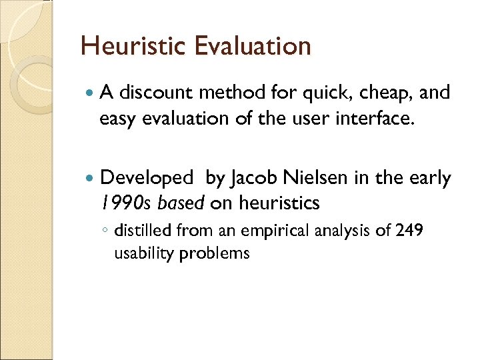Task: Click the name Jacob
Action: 254,179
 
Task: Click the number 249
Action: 409,231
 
